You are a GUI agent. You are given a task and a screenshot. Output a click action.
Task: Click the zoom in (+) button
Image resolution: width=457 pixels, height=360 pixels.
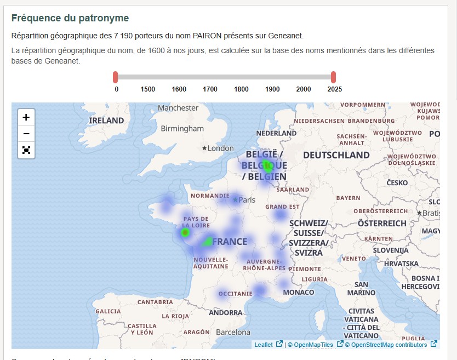[x=26, y=117]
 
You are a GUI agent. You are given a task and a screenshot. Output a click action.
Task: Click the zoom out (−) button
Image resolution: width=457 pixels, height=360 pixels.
[x=26, y=133]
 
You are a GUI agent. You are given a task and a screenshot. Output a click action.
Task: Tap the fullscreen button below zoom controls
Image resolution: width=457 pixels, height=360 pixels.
[x=26, y=150]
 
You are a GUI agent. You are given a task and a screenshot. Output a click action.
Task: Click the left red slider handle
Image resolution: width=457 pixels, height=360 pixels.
[x=116, y=77]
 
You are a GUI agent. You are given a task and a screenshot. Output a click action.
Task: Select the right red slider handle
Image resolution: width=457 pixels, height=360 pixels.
[x=333, y=77]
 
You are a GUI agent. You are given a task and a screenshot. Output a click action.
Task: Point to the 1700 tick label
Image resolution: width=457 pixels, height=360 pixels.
[x=210, y=89]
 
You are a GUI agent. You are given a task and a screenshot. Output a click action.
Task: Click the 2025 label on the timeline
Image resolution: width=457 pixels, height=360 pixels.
[x=334, y=89]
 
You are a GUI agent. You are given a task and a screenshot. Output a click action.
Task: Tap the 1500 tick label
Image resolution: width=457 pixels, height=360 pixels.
[x=148, y=89]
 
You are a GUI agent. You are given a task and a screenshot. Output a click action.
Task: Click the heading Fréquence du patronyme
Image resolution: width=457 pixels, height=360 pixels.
[x=70, y=18]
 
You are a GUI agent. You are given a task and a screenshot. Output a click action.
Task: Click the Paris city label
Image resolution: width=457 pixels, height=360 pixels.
[x=247, y=200]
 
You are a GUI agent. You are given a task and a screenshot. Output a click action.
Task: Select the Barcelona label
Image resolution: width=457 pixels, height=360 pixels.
[x=233, y=332]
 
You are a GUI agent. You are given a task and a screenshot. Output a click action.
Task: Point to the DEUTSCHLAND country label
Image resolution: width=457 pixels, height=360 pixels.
[x=336, y=155]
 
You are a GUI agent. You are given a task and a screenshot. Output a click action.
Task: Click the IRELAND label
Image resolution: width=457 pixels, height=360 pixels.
[x=106, y=120]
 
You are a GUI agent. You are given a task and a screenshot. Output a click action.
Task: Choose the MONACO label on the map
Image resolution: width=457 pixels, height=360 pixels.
[x=299, y=293]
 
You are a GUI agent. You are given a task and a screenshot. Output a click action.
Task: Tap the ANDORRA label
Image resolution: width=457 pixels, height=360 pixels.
[x=225, y=313]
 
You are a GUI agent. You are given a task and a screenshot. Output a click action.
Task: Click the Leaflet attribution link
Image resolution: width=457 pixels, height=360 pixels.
[x=264, y=345]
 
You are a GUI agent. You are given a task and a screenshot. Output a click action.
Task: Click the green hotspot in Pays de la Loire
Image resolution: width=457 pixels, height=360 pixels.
[x=185, y=233]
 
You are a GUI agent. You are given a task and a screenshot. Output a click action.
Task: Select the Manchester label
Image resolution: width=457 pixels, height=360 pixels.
[x=178, y=108]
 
